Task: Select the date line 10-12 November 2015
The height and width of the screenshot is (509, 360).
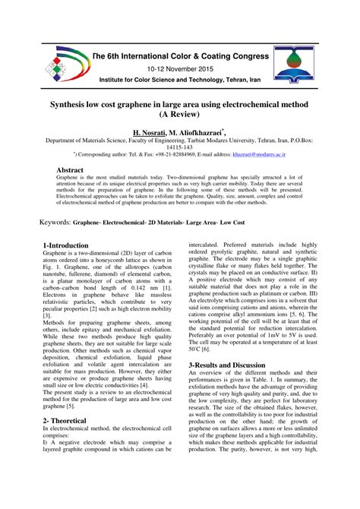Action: tap(179, 68)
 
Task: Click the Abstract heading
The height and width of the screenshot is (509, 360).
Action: tap(70, 170)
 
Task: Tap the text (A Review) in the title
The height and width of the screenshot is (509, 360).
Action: tap(180, 114)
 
